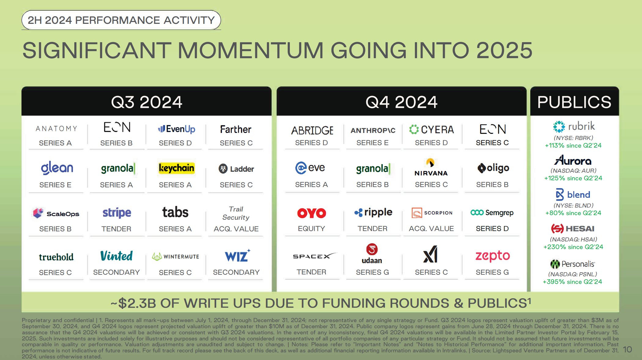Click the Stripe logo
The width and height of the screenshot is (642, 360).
(x=116, y=213)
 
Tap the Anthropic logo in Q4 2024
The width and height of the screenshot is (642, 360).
(x=373, y=130)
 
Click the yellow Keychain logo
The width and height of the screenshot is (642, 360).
(x=176, y=168)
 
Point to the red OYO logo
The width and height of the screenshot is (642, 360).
(x=312, y=213)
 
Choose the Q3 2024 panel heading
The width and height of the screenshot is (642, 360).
(x=146, y=102)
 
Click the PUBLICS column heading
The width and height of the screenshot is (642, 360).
(x=574, y=102)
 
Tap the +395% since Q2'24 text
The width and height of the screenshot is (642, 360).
(x=572, y=282)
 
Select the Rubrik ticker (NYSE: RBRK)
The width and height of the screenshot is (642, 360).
(x=573, y=138)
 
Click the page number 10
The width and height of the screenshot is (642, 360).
(x=627, y=349)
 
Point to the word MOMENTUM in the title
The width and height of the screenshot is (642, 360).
(x=250, y=50)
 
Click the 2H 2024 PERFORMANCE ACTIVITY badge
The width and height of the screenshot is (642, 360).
(x=121, y=20)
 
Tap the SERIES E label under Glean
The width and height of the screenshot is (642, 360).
(x=55, y=185)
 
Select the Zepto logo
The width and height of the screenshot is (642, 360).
(x=492, y=256)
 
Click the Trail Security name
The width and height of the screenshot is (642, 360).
(x=236, y=213)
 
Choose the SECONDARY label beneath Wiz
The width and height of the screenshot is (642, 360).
(x=236, y=272)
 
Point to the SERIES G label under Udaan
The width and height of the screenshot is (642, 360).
(x=372, y=272)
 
